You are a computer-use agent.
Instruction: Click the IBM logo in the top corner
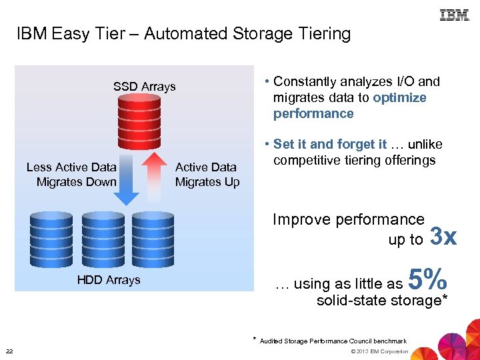pyautogui.click(x=455, y=15)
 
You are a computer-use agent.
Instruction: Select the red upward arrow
pyautogui.click(x=155, y=177)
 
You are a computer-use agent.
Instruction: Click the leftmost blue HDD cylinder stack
pyautogui.click(x=51, y=237)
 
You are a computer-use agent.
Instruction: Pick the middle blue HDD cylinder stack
pyautogui.click(x=102, y=237)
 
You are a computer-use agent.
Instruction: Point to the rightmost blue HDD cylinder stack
pyautogui.click(x=153, y=237)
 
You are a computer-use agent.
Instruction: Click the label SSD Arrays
pyautogui.click(x=144, y=87)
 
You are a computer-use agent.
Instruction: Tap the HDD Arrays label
pyautogui.click(x=109, y=280)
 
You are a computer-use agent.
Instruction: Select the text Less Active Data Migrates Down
pyautogui.click(x=72, y=175)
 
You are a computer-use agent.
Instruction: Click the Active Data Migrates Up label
pyautogui.click(x=207, y=175)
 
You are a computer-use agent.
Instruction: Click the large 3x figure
pyautogui.click(x=444, y=237)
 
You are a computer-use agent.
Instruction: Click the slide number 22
pyautogui.click(x=9, y=351)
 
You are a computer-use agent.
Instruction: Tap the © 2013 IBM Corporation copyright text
pyautogui.click(x=378, y=351)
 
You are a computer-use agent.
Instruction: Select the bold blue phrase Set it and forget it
pyautogui.click(x=330, y=145)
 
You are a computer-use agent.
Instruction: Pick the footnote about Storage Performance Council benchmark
pyautogui.click(x=333, y=341)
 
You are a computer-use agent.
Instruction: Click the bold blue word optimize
pyautogui.click(x=399, y=97)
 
